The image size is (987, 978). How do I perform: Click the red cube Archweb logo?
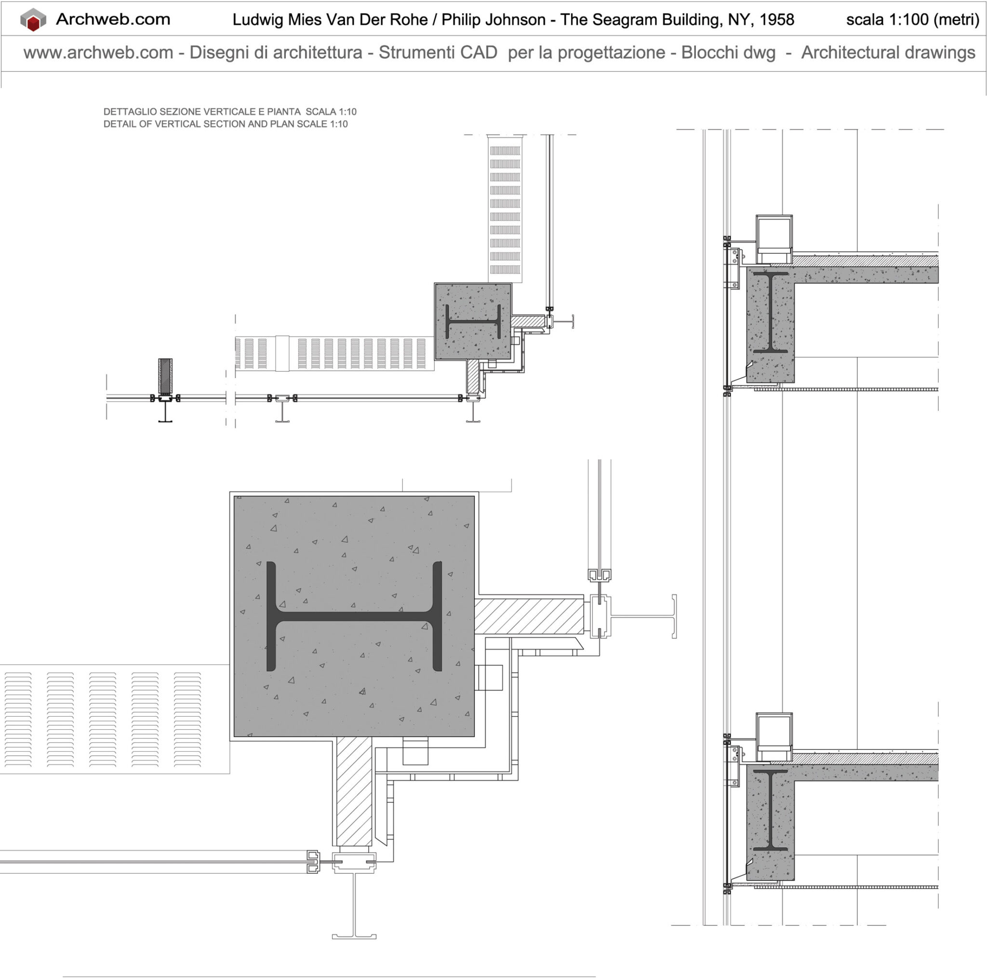(33, 20)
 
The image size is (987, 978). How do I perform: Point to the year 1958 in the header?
(776, 20)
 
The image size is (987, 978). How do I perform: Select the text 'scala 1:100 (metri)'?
(912, 20)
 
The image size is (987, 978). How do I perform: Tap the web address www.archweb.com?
(98, 53)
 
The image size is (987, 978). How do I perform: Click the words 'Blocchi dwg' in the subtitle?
(728, 53)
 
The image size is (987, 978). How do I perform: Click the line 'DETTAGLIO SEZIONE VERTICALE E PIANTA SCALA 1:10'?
(230, 111)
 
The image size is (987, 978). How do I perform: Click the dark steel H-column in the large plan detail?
(354, 616)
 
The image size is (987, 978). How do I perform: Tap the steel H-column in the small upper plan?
(473, 322)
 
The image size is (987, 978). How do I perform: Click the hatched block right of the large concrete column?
(529, 615)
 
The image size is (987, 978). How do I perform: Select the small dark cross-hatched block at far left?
(165, 376)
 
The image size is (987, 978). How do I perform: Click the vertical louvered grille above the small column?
(505, 210)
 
